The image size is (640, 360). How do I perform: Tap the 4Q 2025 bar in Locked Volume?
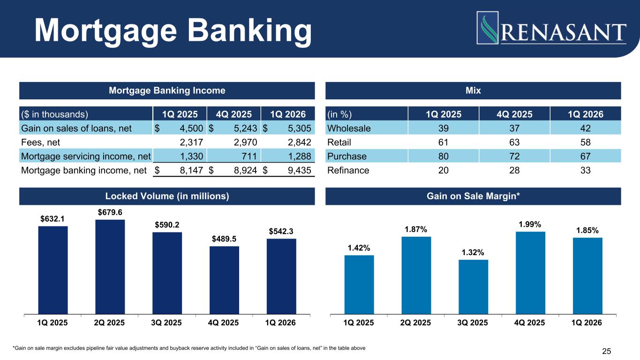pyautogui.click(x=224, y=279)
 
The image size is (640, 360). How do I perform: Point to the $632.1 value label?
pyautogui.click(x=53, y=219)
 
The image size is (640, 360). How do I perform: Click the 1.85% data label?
pyautogui.click(x=587, y=230)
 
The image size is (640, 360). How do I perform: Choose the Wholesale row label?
pyautogui.click(x=349, y=128)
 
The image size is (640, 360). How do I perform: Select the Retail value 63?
pyautogui.click(x=513, y=142)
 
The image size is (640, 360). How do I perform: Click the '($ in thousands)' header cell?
pyautogui.click(x=55, y=114)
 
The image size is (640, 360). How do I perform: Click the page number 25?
pyautogui.click(x=607, y=351)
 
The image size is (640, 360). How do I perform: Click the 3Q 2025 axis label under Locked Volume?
pyautogui.click(x=167, y=322)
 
